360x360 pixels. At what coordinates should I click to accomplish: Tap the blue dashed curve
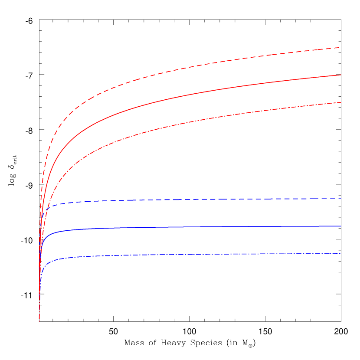click(173, 200)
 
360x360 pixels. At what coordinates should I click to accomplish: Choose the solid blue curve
click(173, 227)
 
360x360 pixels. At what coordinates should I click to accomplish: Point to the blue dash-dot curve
click(173, 255)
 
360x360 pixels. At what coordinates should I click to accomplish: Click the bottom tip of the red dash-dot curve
click(39, 321)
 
